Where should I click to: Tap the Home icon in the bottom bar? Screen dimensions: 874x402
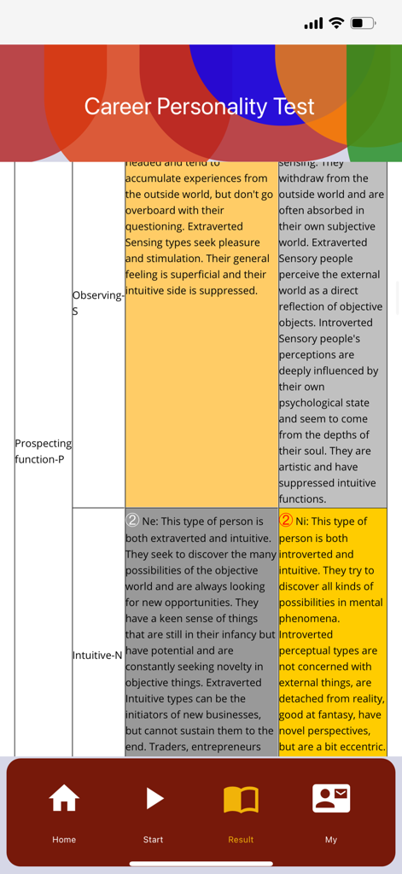click(64, 799)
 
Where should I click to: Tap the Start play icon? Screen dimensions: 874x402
click(154, 799)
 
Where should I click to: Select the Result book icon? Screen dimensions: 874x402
click(241, 799)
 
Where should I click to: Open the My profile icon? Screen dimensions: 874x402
click(331, 799)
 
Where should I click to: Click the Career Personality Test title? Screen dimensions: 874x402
click(200, 107)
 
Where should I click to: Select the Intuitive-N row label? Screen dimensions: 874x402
click(98, 655)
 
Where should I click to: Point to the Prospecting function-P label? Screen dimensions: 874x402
click(43, 452)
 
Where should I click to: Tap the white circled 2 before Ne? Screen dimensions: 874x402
click(132, 521)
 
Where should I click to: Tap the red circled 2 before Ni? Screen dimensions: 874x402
click(286, 521)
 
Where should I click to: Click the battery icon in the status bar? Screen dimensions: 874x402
click(363, 23)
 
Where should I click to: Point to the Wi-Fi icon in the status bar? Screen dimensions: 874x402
click(336, 23)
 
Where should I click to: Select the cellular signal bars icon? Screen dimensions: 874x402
click(313, 23)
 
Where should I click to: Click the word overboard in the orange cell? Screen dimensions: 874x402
click(151, 210)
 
